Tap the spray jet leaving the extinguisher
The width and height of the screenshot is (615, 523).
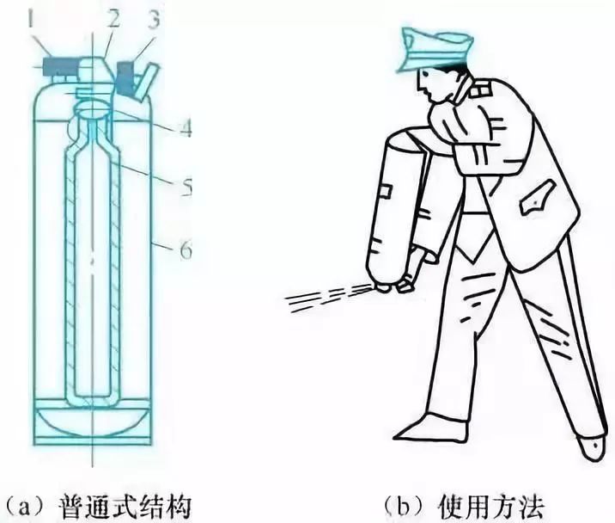point(331,297)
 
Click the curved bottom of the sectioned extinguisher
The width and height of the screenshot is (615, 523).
point(91,426)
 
